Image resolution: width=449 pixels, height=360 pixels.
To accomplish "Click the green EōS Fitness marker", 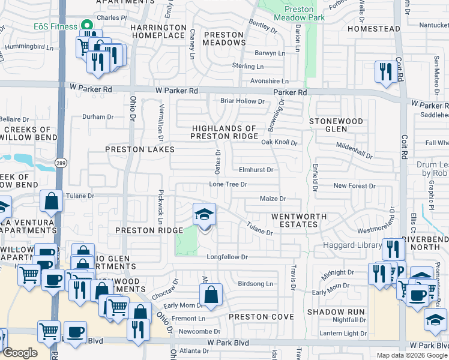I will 86,26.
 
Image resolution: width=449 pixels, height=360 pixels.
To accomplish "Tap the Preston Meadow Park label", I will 298,13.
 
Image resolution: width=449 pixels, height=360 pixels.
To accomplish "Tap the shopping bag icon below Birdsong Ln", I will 211,295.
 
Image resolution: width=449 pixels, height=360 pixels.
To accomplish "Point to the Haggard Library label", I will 353,245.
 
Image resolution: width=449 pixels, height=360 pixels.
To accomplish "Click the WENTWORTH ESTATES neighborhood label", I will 298,220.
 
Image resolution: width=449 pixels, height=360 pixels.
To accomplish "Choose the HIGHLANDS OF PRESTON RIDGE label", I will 223,132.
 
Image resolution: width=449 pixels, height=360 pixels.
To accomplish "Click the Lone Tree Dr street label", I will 228,184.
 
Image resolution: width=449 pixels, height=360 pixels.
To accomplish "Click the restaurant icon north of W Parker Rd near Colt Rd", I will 384,72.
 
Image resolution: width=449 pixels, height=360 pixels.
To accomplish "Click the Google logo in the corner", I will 20,353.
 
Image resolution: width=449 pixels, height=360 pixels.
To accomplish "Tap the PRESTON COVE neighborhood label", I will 260,317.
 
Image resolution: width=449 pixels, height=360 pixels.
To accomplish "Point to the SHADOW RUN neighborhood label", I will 336,312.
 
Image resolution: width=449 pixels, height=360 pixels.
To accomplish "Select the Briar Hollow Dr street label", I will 243,101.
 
